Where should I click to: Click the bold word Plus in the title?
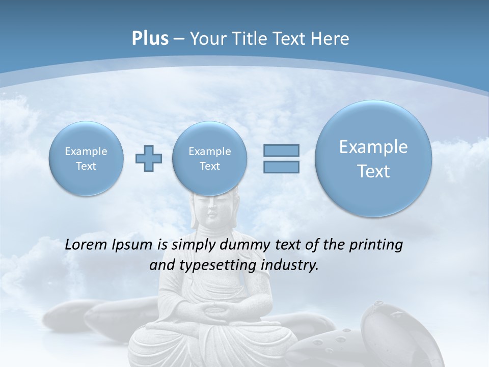point(150,38)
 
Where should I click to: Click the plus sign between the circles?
point(149,159)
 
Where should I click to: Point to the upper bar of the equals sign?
point(281,150)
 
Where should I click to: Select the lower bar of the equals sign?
point(281,167)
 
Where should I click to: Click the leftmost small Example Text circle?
point(86,159)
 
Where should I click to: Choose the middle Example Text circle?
point(210,159)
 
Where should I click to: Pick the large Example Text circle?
point(373,159)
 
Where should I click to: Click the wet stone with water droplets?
point(387,326)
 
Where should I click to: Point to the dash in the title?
point(179,39)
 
